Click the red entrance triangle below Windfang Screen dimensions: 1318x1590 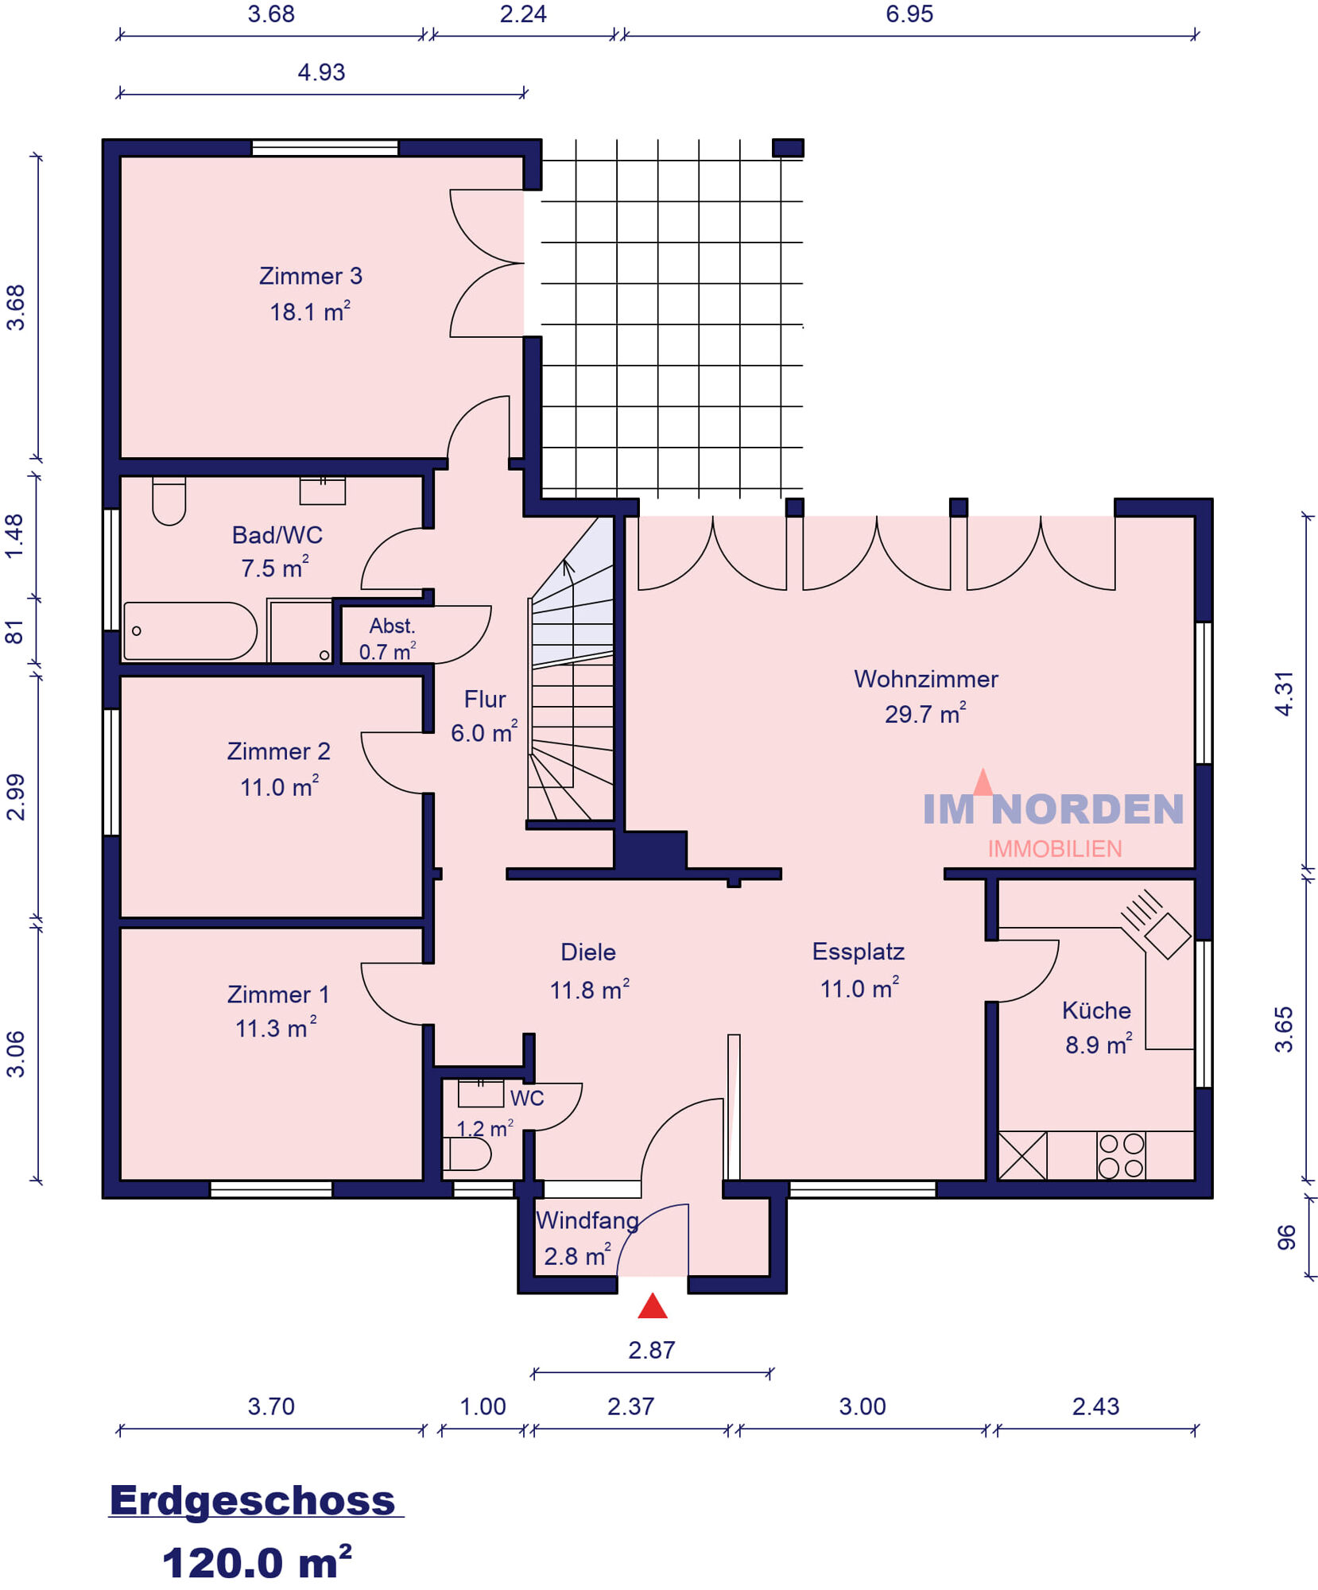point(653,1305)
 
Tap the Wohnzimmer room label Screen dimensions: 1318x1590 point(926,679)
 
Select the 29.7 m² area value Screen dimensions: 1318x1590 point(925,713)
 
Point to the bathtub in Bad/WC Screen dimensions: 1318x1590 point(190,631)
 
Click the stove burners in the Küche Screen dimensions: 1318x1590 point(1121,1155)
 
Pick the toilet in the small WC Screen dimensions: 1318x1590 point(467,1154)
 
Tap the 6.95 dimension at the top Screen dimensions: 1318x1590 point(909,14)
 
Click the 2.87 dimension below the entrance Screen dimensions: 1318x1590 point(652,1350)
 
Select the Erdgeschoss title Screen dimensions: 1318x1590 point(252,1500)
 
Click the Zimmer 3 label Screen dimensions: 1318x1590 point(311,276)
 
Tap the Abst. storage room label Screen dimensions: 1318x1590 point(392,626)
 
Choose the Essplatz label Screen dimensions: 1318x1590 point(859,952)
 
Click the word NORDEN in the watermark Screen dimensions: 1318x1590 point(1087,809)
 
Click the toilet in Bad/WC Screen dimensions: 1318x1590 point(169,501)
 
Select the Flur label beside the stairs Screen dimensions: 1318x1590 point(485,699)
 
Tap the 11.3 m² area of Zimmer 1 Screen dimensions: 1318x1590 point(276,1027)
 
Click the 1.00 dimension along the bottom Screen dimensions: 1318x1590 point(483,1406)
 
